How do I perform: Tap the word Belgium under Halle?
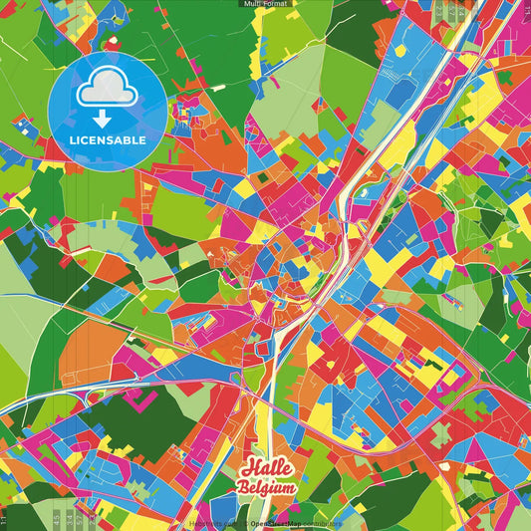267,487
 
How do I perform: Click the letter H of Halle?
246,469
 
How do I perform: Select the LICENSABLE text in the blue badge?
108,140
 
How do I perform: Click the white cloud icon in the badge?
108,93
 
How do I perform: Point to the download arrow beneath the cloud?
108,119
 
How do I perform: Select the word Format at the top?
275,4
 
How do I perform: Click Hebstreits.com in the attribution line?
210,522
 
